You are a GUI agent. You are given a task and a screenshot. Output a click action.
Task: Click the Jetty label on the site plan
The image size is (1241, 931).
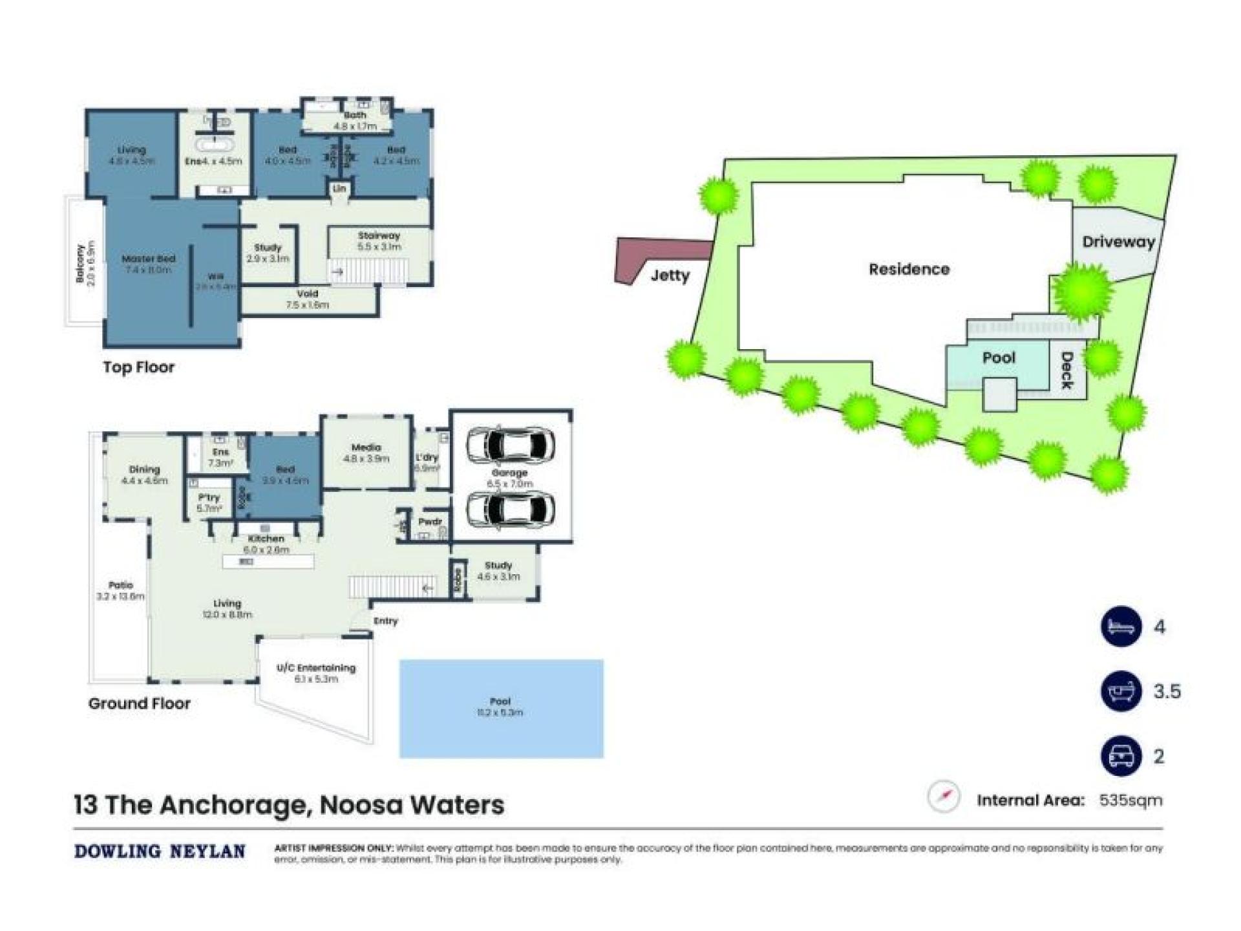[x=670, y=275]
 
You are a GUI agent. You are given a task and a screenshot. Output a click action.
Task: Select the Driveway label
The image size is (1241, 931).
[x=1118, y=242]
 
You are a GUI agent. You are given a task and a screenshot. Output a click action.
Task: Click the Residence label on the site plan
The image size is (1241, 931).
[x=909, y=269]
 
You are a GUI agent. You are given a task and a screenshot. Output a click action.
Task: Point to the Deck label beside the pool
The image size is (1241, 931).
[x=1067, y=370]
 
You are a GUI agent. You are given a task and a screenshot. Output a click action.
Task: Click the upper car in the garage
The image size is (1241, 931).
[x=511, y=444]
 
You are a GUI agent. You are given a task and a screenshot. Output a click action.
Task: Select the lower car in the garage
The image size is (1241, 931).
[x=511, y=510]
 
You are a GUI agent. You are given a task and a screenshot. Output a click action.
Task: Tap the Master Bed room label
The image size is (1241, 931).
[x=149, y=259]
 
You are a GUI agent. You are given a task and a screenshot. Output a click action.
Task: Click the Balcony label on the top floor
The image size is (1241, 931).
[x=80, y=263]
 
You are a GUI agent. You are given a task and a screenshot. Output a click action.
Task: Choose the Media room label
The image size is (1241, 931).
[x=366, y=447]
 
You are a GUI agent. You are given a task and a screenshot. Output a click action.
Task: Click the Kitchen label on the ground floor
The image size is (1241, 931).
[x=266, y=539]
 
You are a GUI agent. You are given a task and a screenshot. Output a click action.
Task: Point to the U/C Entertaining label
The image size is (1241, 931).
[x=316, y=668]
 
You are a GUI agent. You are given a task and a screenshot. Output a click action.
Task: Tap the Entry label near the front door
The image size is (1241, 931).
[x=386, y=621]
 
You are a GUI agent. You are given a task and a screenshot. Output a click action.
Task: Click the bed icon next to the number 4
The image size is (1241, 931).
[x=1121, y=626]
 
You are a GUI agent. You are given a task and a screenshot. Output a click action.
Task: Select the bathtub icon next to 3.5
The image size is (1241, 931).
[x=1121, y=691]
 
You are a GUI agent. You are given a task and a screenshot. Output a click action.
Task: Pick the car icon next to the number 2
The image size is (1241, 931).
[x=1121, y=756]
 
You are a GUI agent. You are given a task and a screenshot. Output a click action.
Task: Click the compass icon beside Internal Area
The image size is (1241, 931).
[x=944, y=797]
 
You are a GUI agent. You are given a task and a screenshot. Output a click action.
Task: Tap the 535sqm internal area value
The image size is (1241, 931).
[x=1130, y=800]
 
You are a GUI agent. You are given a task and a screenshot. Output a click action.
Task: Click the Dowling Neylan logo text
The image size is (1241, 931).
[x=160, y=851]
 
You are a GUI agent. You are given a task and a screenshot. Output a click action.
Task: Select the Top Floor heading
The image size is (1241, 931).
[x=139, y=367]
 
